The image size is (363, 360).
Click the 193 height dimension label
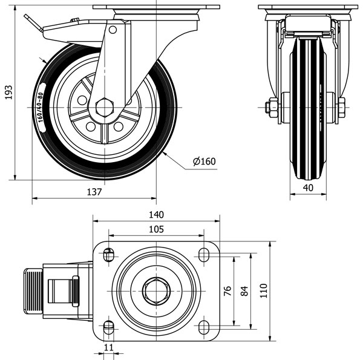(8, 93)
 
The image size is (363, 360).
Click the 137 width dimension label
(94, 192)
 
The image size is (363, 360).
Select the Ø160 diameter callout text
(204, 161)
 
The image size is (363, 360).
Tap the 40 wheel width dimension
(308, 188)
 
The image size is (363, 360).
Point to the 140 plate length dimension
(156, 215)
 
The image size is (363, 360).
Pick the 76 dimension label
(227, 292)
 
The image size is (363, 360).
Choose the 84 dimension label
(244, 292)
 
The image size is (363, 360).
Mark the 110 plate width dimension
(263, 292)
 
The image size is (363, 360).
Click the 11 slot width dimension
(109, 347)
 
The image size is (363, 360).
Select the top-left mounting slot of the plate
(109, 254)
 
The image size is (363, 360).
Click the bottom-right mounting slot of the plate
(203, 327)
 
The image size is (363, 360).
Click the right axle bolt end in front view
(341, 108)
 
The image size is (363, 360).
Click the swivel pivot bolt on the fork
(113, 30)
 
